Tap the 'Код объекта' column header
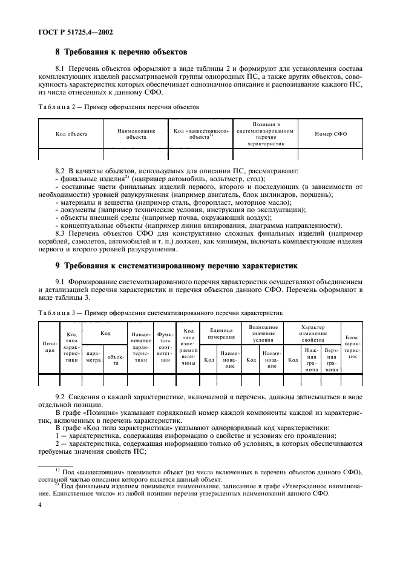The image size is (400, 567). pyautogui.click(x=71, y=134)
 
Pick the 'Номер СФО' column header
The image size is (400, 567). pyautogui.click(x=330, y=134)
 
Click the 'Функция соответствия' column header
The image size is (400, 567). pyautogui.click(x=166, y=347)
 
